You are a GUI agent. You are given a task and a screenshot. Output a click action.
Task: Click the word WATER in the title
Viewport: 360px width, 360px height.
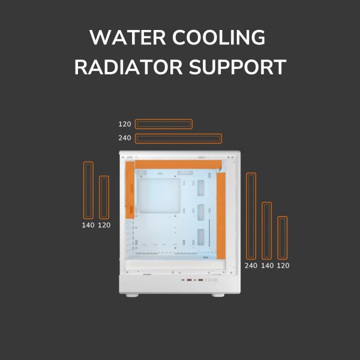(128, 37)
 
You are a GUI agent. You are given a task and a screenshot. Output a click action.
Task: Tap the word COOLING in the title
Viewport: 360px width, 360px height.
(219, 37)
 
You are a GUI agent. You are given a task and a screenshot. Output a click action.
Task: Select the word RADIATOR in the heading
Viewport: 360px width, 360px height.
(128, 67)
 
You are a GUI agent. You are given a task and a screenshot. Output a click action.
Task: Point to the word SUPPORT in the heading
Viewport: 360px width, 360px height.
(238, 67)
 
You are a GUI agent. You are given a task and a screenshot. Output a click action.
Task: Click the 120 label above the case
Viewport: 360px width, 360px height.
(125, 124)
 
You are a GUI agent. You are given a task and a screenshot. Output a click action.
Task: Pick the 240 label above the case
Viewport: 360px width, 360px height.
(125, 138)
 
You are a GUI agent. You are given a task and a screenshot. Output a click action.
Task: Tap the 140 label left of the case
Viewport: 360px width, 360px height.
(88, 225)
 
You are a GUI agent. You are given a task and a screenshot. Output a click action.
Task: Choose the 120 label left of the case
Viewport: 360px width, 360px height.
(104, 225)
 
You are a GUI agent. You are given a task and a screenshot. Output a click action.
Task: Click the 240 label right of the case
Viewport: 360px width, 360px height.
(251, 266)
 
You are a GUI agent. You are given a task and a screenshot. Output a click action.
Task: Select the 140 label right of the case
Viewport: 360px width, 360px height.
(267, 266)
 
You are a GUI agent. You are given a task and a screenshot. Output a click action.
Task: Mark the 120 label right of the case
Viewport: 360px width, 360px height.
(283, 266)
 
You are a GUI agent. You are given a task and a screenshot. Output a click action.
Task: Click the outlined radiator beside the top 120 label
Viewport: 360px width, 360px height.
(164, 124)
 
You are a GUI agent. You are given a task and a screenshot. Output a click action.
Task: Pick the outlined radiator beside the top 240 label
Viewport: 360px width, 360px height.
(178, 139)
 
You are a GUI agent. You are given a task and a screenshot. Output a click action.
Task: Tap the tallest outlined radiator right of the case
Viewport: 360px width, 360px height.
(251, 216)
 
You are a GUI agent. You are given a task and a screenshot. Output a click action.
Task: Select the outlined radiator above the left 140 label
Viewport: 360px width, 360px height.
(88, 190)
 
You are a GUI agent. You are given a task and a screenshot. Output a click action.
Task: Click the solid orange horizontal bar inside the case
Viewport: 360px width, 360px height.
(178, 164)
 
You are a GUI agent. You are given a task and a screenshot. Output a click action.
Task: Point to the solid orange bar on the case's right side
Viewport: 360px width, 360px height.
(221, 216)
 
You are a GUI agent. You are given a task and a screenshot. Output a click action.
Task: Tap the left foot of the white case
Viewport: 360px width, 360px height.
(132, 295)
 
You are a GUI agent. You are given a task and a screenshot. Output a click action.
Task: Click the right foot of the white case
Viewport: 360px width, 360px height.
(218, 295)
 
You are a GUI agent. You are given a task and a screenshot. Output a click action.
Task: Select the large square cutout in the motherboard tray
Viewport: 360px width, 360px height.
(160, 196)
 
